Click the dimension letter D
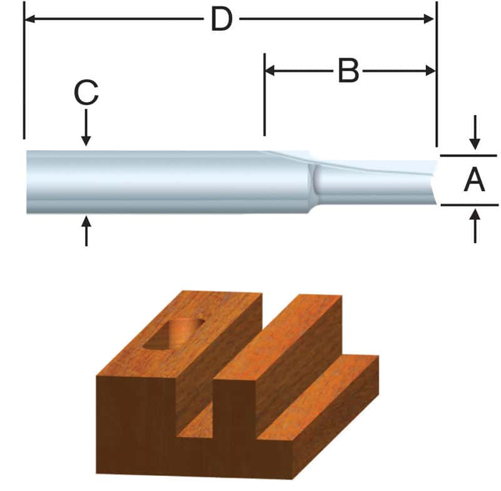(221, 19)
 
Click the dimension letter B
(348, 71)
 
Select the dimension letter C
(86, 94)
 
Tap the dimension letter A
(474, 180)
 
